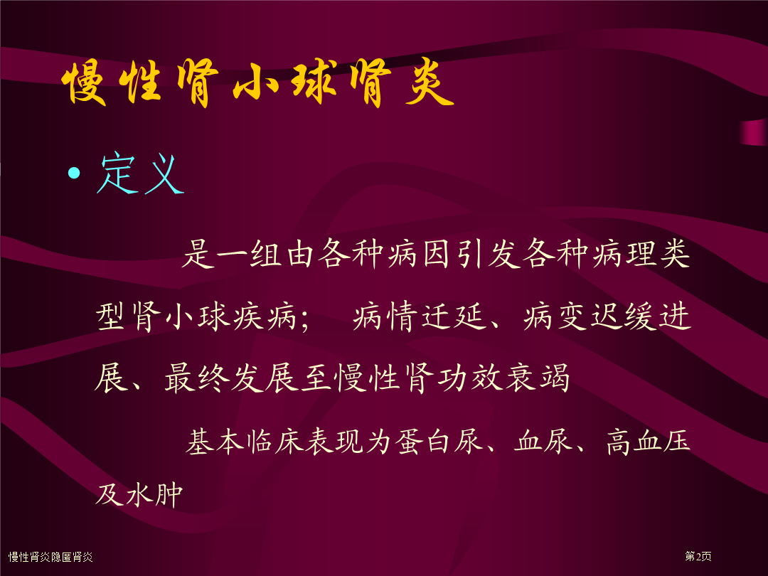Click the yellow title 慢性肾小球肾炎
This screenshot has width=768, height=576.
tap(258, 83)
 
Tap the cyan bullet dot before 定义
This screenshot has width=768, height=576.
tap(75, 173)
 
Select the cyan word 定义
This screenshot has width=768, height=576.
tap(140, 174)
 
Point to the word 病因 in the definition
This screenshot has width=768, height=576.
tap(418, 254)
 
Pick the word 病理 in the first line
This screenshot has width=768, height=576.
tap(623, 254)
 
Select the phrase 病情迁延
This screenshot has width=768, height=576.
tap(420, 316)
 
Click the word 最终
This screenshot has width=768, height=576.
tap(197, 378)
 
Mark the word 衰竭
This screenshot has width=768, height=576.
tap(538, 378)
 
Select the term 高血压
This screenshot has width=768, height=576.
tap(648, 441)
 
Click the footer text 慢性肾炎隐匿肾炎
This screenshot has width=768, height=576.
tap(50, 557)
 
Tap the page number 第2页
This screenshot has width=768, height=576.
tap(698, 556)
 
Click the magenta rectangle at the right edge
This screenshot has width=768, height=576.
tap(754, 132)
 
